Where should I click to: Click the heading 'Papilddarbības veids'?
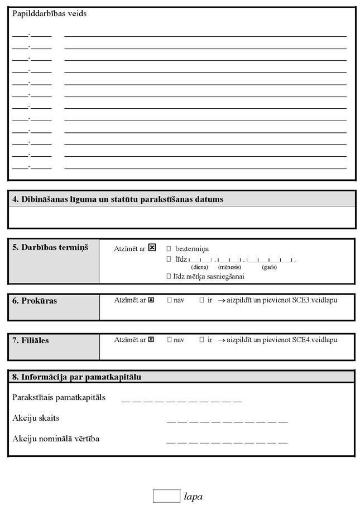point(49,14)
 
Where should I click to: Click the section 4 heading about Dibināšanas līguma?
point(118,199)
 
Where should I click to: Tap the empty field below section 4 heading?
point(181,217)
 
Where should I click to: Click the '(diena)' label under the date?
point(199,267)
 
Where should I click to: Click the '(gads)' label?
point(269,267)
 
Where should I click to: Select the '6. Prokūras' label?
point(35,301)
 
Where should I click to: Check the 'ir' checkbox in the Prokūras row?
point(201,300)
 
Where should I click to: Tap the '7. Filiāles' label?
point(31,340)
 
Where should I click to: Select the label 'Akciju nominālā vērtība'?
point(56,439)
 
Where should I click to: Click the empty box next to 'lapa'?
point(166,495)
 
